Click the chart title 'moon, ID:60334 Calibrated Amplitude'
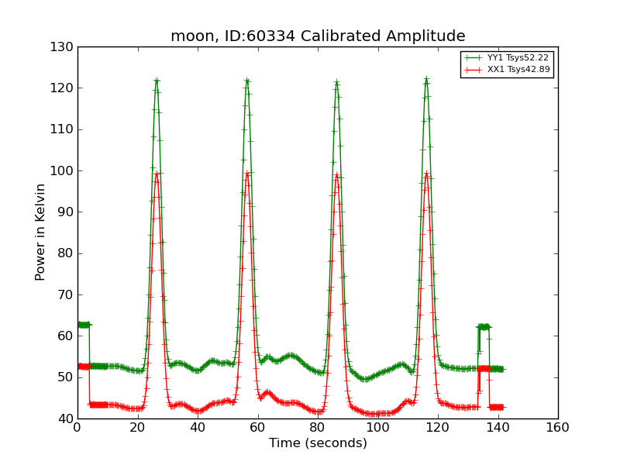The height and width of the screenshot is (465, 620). pyautogui.click(x=318, y=36)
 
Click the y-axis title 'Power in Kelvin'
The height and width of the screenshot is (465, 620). pyautogui.click(x=40, y=232)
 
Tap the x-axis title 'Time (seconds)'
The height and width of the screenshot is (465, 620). pyautogui.click(x=318, y=443)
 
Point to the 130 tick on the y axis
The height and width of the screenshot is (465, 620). pyautogui.click(x=64, y=47)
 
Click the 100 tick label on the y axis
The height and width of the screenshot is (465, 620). pyautogui.click(x=64, y=171)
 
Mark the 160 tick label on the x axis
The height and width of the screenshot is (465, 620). pyautogui.click(x=557, y=427)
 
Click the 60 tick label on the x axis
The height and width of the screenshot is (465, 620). pyautogui.click(x=257, y=427)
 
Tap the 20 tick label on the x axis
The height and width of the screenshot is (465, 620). pyautogui.click(x=137, y=427)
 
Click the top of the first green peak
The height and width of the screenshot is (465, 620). pyautogui.click(x=157, y=80)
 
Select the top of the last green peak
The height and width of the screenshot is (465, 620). pyautogui.click(x=426, y=79)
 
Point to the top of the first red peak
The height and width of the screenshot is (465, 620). pyautogui.click(x=157, y=173)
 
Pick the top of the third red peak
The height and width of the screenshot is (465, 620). pyautogui.click(x=336, y=174)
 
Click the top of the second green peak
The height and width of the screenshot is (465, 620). pyautogui.click(x=246, y=80)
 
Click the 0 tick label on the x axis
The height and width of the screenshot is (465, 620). pyautogui.click(x=77, y=427)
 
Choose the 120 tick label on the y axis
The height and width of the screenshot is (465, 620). pyautogui.click(x=64, y=88)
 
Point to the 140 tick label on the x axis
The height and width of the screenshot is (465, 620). pyautogui.click(x=498, y=427)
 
